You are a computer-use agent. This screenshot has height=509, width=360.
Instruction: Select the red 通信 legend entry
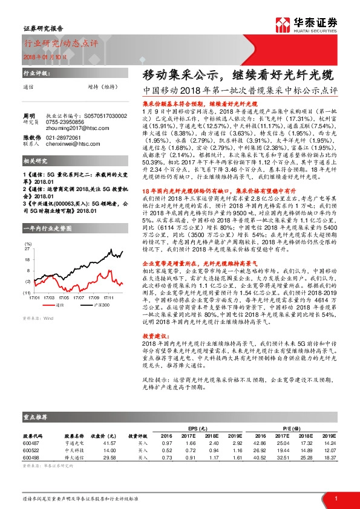click(58, 305)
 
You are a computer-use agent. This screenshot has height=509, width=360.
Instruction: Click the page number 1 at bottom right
click(335, 498)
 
